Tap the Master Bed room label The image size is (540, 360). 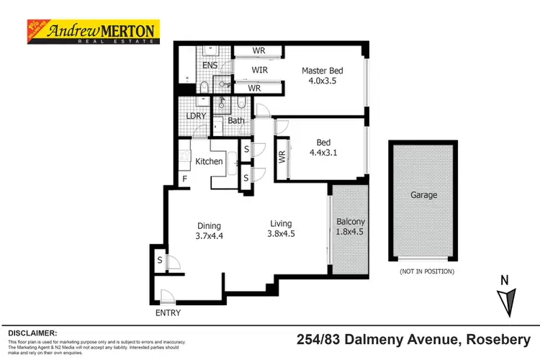(x=322, y=71)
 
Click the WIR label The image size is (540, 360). (x=259, y=70)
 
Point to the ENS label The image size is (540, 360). (x=210, y=66)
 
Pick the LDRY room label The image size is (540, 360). (x=195, y=116)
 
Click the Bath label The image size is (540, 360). (x=236, y=120)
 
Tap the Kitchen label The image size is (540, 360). (x=210, y=161)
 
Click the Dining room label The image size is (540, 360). (x=209, y=225)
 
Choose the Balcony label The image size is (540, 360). (x=350, y=222)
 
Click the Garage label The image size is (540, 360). (x=423, y=194)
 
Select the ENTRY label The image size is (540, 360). (x=167, y=313)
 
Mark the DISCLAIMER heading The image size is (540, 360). (x=32, y=333)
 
